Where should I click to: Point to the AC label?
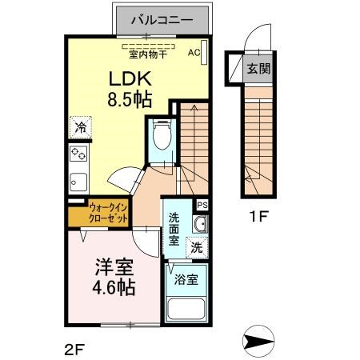coord(193,53)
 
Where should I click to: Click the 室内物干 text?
coord(148,54)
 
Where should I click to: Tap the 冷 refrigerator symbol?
coord(80,127)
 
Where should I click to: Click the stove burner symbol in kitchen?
coord(79,154)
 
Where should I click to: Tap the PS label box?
coord(202,205)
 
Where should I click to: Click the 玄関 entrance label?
coord(258,69)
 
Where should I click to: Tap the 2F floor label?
coord(73,348)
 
